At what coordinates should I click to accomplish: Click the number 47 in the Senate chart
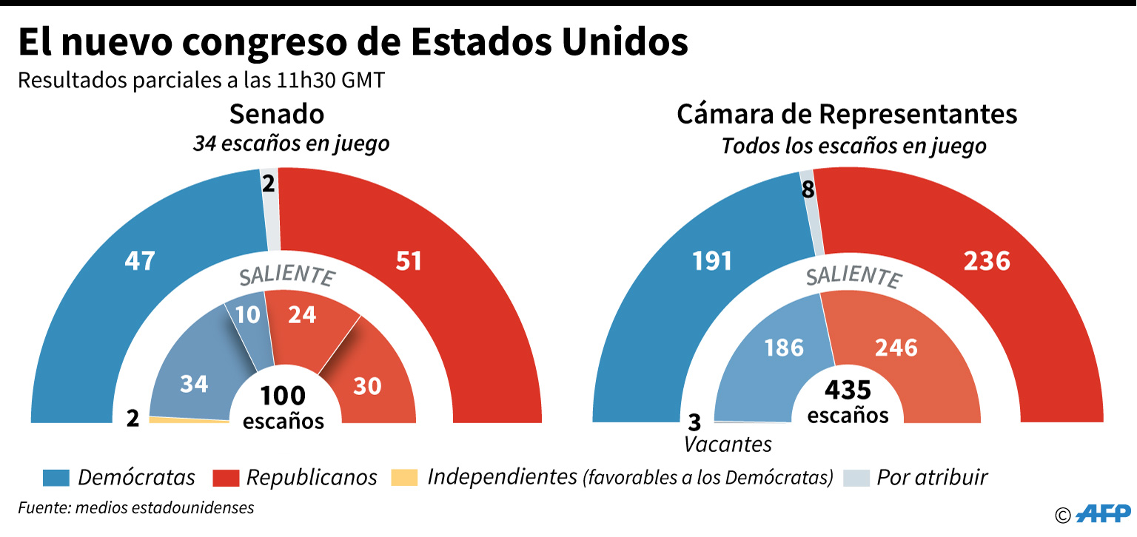pos(140,261)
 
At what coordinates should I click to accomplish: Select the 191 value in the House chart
pos(712,261)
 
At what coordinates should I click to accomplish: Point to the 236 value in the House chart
pos(987,261)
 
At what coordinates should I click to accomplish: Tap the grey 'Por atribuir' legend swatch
pos(856,478)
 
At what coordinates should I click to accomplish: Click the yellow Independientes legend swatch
pos(404,478)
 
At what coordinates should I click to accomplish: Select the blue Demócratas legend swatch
pos(56,478)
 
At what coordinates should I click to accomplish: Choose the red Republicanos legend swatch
pos(225,478)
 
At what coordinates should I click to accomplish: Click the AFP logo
pos(1103,513)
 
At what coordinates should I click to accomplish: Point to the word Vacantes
pos(728,444)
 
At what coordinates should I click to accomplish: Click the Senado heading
pos(277,115)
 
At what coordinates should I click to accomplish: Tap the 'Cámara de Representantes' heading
pos(847,115)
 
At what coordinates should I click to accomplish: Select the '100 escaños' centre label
pos(284,408)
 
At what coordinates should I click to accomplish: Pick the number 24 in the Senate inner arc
pos(302,314)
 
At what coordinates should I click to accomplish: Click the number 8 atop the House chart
pos(808,190)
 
